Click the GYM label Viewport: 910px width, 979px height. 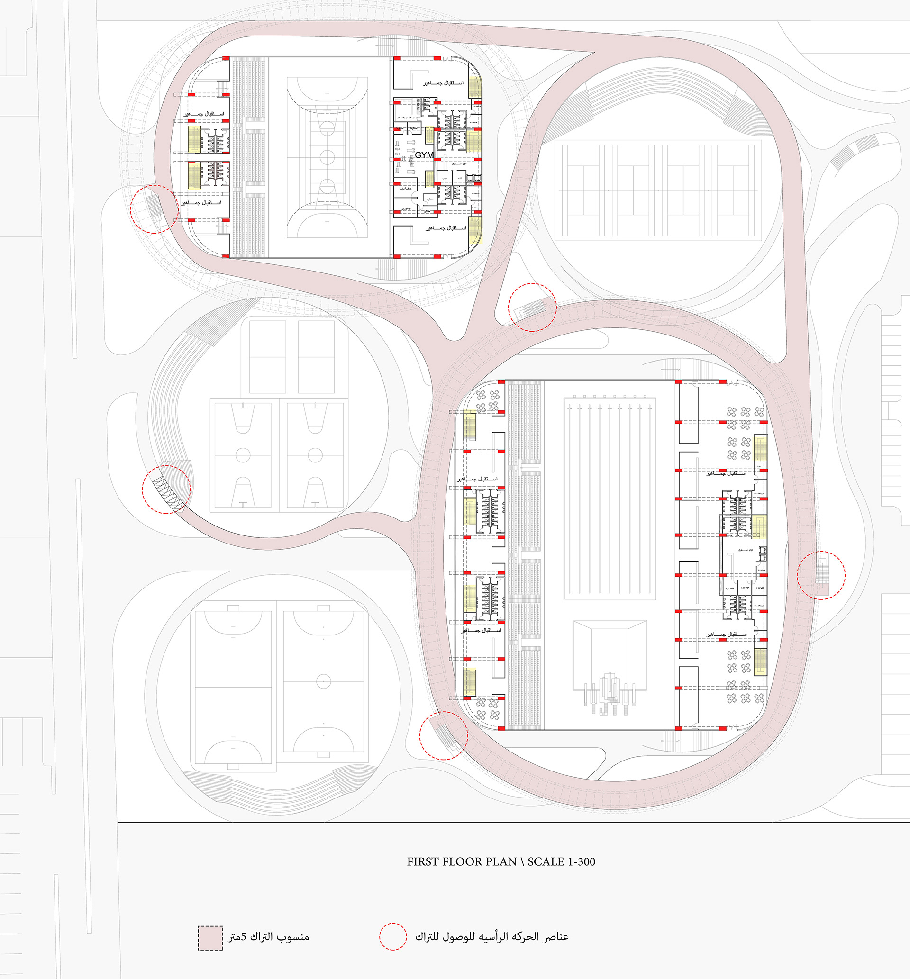pyautogui.click(x=425, y=155)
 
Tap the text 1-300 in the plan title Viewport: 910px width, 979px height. pyautogui.click(x=582, y=861)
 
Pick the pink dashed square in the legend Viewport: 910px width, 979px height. pyautogui.click(x=210, y=938)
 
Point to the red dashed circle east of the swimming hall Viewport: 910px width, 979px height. pyautogui.click(x=821, y=575)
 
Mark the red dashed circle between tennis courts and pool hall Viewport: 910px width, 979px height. pyautogui.click(x=532, y=307)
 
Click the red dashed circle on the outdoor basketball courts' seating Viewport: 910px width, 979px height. pyautogui.click(x=166, y=489)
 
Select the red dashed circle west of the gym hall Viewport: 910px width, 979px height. pyautogui.click(x=154, y=208)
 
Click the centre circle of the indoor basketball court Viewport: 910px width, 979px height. pyautogui.click(x=327, y=157)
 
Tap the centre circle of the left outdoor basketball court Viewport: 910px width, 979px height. pyautogui.click(x=243, y=455)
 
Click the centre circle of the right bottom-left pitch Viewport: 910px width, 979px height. pyautogui.click(x=324, y=681)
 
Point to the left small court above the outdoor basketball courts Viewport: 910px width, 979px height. pyautogui.click(x=268, y=357)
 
